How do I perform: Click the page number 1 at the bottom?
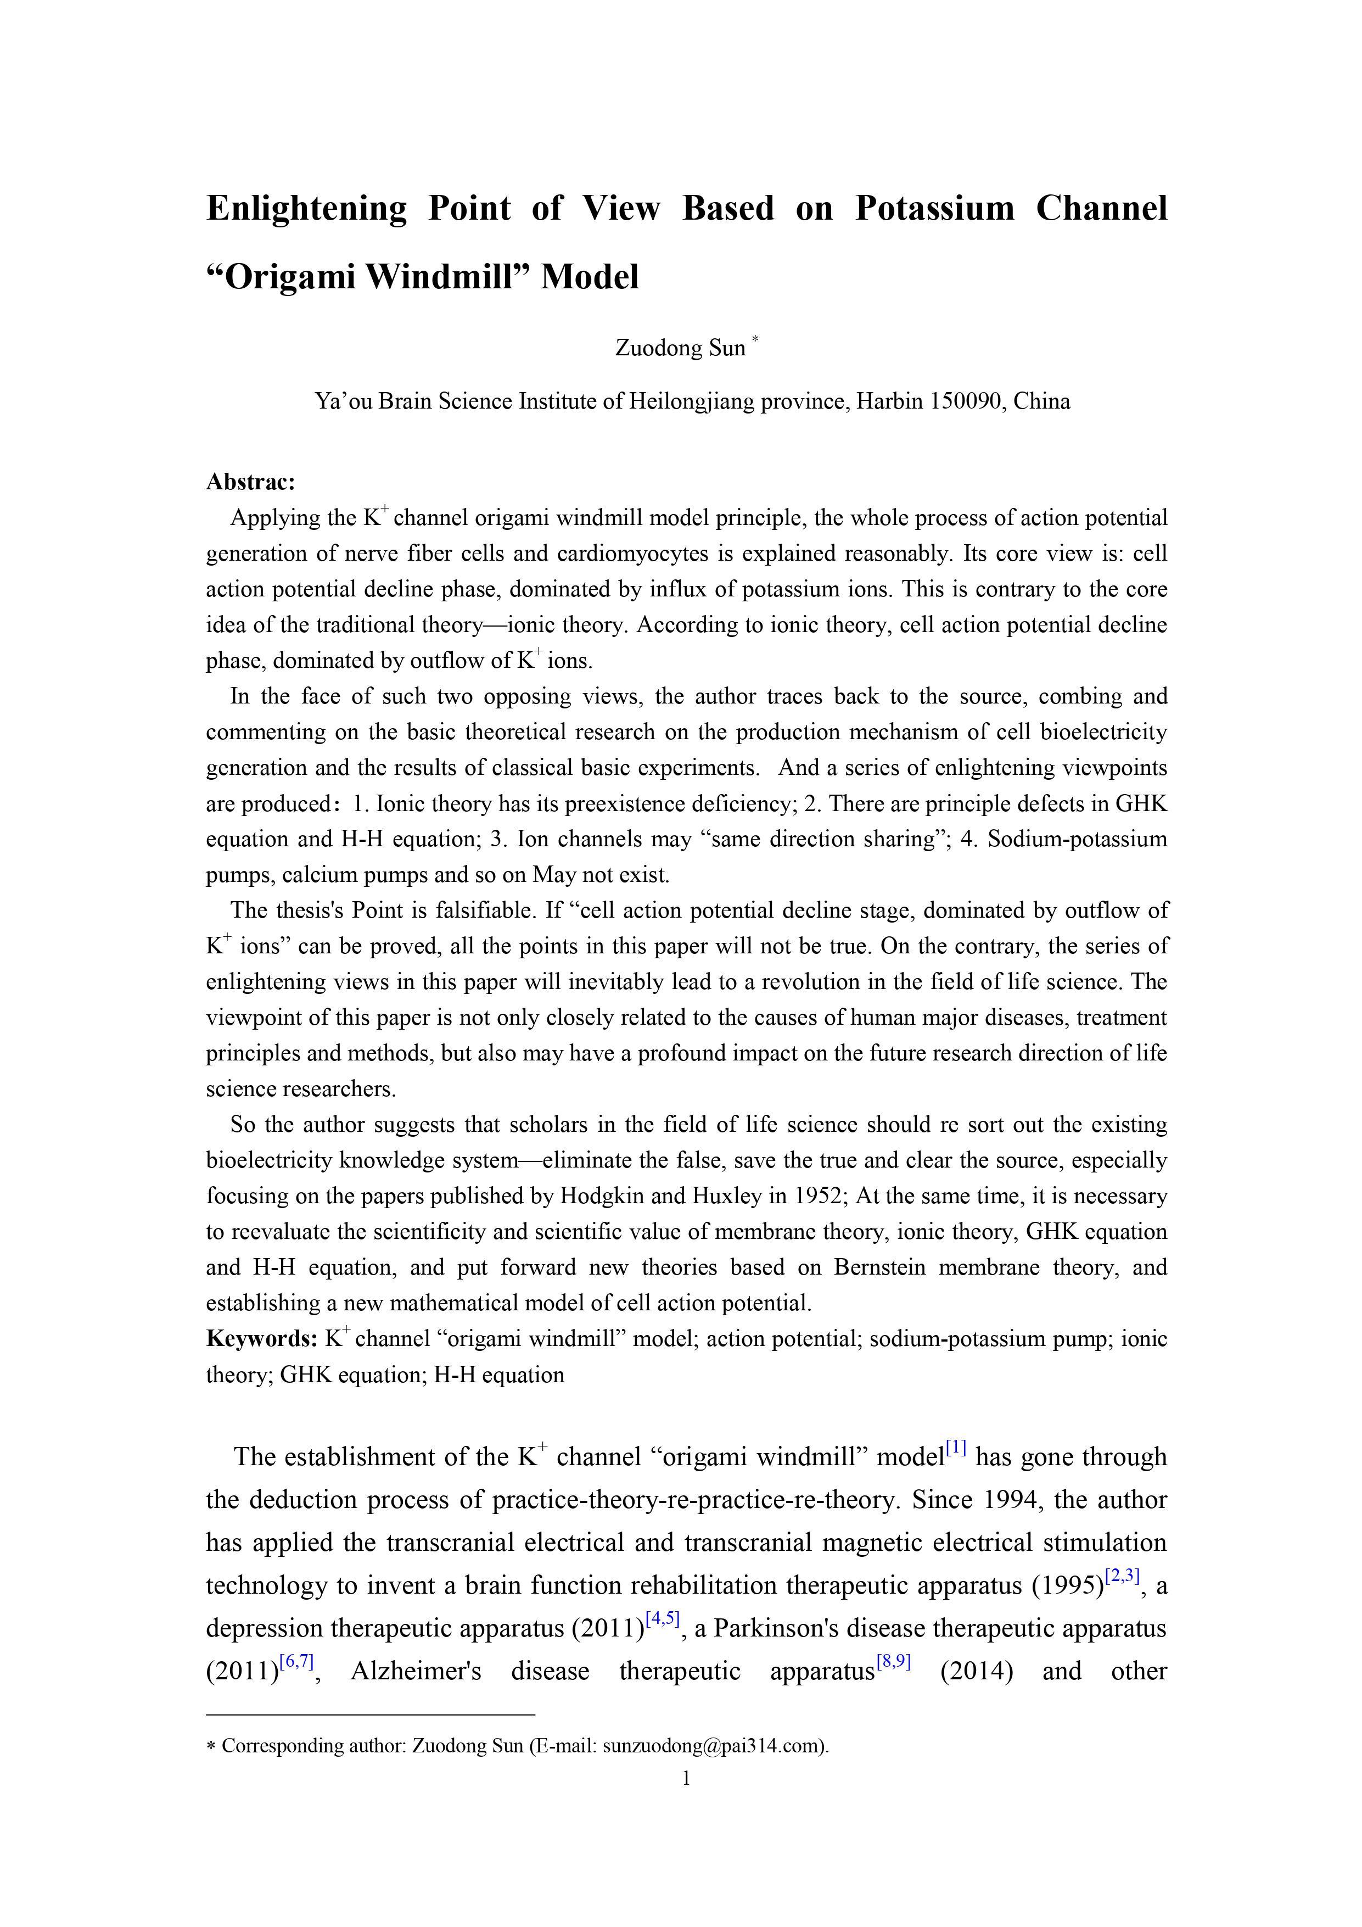tap(686, 1778)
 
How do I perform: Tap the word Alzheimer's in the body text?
tap(416, 1671)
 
